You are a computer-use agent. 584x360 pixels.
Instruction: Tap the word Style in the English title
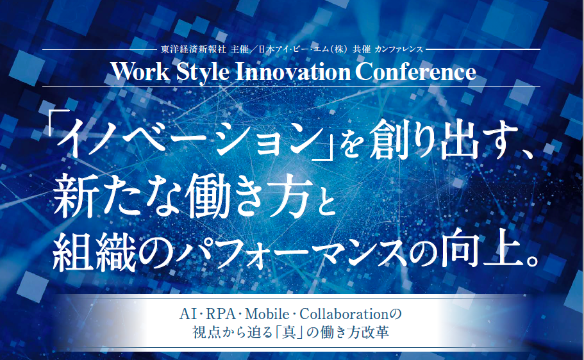click(x=203, y=72)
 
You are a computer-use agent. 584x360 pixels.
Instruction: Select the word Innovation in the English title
click(x=293, y=72)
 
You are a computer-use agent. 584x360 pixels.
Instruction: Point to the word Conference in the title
click(x=415, y=72)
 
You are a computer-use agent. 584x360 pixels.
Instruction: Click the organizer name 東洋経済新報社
click(x=194, y=49)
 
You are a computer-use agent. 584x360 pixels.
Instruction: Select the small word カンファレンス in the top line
click(x=399, y=49)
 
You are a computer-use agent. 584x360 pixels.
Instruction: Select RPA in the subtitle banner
click(x=221, y=315)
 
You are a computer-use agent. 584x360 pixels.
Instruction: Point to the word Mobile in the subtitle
click(x=267, y=315)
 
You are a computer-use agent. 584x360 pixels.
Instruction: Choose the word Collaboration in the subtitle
click(x=344, y=315)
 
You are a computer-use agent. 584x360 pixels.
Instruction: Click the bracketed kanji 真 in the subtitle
click(x=289, y=332)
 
